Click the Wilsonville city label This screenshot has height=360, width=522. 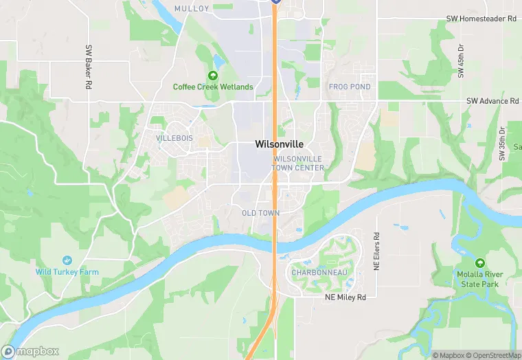(279, 145)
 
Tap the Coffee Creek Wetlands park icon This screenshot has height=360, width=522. (213, 75)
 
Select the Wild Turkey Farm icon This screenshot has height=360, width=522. (67, 260)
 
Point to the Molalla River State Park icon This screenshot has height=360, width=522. (479, 262)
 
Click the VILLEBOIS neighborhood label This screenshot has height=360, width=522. (175, 138)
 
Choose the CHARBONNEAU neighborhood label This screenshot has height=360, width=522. (319, 273)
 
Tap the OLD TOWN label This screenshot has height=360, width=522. (260, 213)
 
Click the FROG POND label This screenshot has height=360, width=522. (350, 87)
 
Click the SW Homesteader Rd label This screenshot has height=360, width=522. (481, 19)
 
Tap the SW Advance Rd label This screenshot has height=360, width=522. (492, 101)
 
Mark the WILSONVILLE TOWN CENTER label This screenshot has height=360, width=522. (298, 163)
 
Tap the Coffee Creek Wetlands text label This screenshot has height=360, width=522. (213, 87)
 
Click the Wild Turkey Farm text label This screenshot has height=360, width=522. (67, 272)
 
